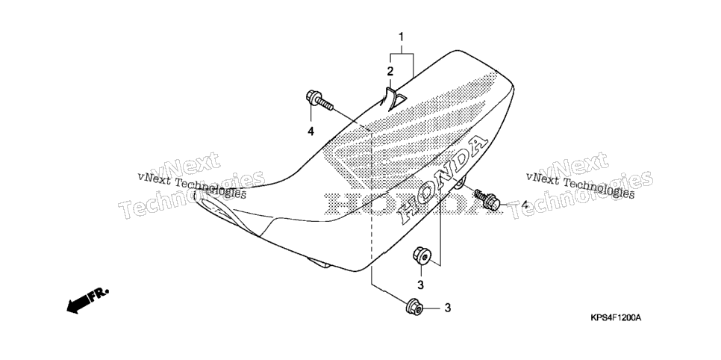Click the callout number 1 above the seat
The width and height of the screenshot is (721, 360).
[401, 37]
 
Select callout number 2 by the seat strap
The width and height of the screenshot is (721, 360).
[390, 72]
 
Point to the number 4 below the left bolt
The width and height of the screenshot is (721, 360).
[310, 131]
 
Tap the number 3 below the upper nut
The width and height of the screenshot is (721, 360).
[420, 285]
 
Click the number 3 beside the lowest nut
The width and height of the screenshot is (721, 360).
[448, 308]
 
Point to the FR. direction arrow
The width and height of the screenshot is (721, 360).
[87, 300]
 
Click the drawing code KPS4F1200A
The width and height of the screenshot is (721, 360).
[616, 318]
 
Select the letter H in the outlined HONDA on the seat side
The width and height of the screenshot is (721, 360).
[408, 211]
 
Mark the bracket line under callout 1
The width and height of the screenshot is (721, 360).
[402, 54]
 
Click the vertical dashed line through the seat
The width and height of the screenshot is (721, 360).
[371, 207]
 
